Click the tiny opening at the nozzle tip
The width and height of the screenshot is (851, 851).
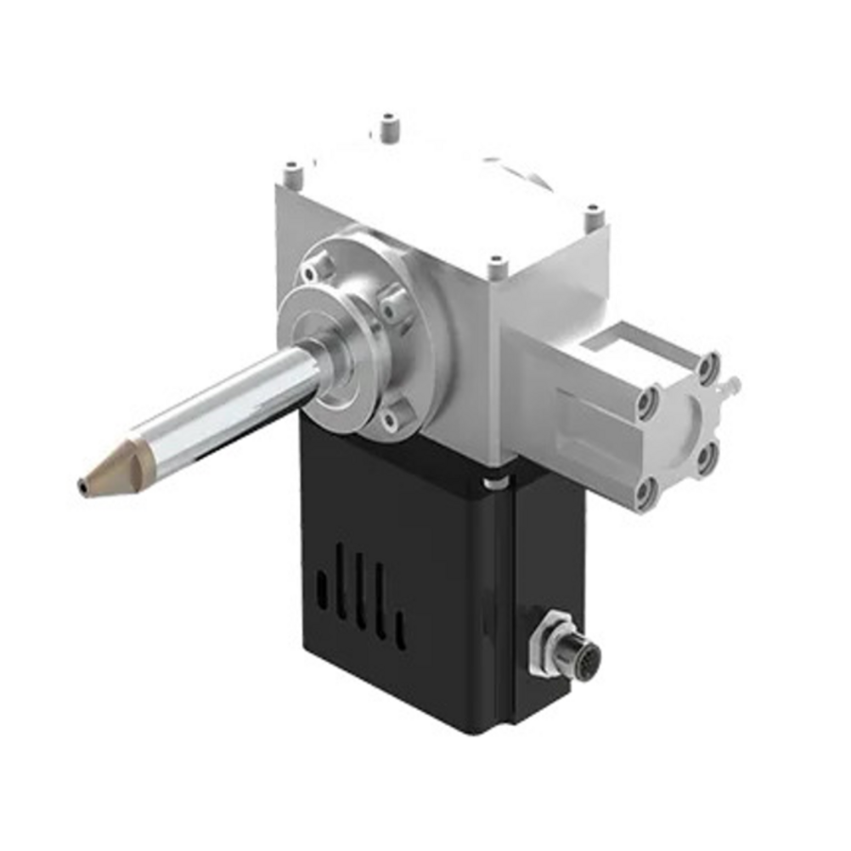(x=81, y=488)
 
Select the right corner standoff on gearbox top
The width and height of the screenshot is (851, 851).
(x=593, y=217)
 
